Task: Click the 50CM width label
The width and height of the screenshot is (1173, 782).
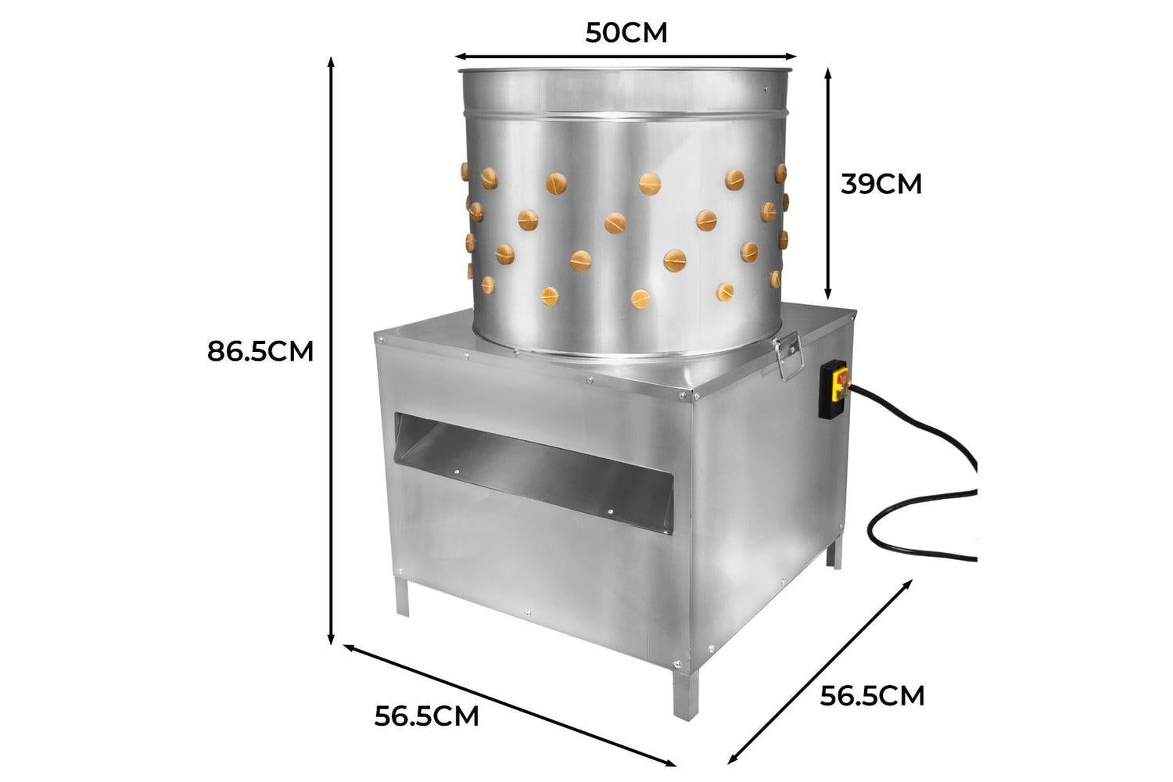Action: point(626,33)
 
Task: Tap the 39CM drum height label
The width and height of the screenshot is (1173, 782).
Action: point(881,184)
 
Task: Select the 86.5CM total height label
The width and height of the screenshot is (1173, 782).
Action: point(260,351)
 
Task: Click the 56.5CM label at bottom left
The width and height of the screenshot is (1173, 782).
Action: point(427,716)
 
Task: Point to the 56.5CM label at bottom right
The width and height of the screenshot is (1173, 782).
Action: point(872,696)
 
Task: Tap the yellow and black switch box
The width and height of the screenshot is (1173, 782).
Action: point(834,389)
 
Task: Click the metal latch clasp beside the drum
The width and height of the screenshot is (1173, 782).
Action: point(788,357)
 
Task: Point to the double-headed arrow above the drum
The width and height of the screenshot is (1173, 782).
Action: point(626,56)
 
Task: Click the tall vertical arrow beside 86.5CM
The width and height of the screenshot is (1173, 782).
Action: point(331,351)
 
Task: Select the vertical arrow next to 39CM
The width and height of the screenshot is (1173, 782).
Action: point(828,184)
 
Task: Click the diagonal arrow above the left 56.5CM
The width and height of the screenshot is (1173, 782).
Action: point(509,705)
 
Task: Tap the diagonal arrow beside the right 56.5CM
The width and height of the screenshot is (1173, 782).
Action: point(820,672)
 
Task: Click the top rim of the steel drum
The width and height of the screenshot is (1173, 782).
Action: point(626,69)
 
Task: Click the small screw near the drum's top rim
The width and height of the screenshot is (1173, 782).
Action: point(766,90)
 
